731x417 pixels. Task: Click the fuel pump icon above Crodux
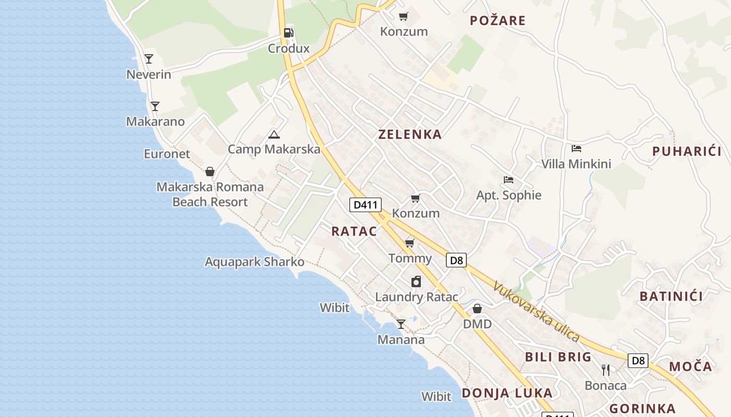point(288,33)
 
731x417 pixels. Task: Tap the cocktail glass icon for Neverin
point(149,58)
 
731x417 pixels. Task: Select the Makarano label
point(155,121)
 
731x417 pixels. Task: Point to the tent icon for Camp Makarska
point(274,134)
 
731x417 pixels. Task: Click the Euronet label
point(167,154)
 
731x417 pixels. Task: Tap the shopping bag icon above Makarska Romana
point(210,171)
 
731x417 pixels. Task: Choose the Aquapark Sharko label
point(254,262)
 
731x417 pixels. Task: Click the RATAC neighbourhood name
point(354,231)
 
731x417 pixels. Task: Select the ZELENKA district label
point(410,134)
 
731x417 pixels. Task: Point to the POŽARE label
point(497,21)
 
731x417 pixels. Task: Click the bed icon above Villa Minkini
point(576,149)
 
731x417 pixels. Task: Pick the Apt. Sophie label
point(509,195)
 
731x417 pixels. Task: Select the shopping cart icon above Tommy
point(410,243)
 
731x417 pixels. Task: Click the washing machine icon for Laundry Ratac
point(416,281)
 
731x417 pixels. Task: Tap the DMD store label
point(477,324)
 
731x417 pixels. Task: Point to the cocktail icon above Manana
point(400,324)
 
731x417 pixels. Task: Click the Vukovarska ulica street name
point(536,312)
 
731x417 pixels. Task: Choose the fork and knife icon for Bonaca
point(606,370)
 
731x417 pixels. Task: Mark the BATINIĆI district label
point(671,297)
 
